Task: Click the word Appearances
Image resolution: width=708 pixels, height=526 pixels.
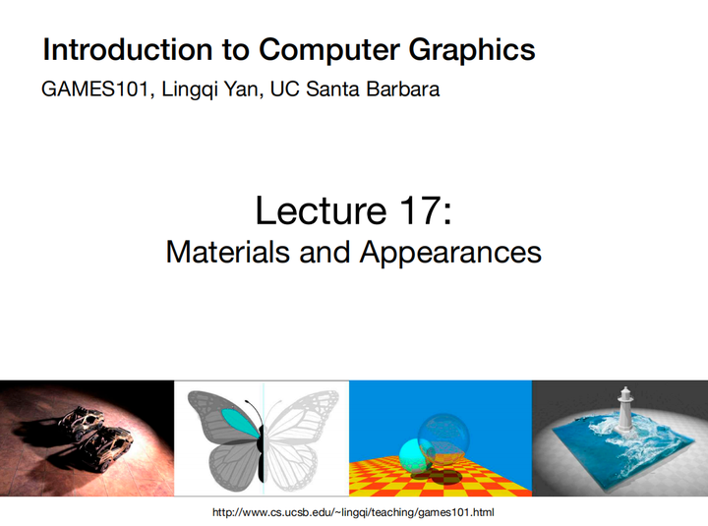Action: (450, 252)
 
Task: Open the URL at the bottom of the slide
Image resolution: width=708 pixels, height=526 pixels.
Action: (353, 513)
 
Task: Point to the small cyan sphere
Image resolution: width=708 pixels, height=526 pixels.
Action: (412, 454)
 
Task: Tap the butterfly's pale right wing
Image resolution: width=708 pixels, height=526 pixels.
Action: (300, 433)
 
